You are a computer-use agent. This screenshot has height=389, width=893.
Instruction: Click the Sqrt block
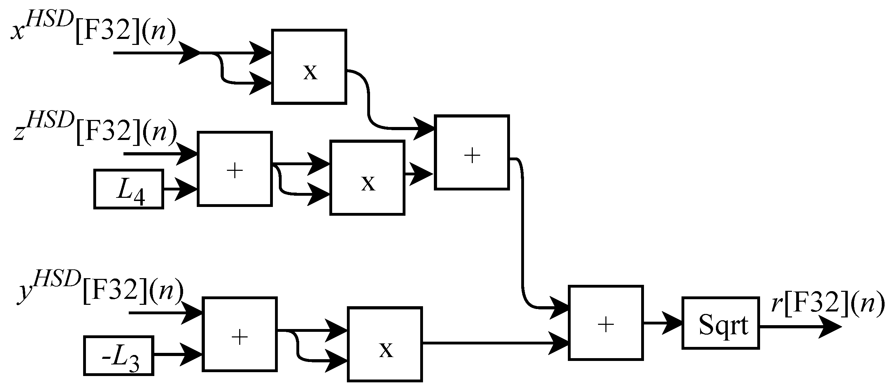(x=720, y=323)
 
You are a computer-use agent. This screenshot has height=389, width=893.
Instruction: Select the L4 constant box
(x=129, y=189)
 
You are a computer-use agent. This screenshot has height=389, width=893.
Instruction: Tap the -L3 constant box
(x=119, y=356)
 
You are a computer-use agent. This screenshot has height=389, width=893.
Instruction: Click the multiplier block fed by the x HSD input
(x=309, y=67)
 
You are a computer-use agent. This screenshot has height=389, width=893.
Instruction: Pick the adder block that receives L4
(x=235, y=169)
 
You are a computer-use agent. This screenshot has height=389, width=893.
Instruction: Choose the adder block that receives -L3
(x=240, y=334)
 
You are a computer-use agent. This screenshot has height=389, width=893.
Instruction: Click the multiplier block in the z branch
(x=367, y=177)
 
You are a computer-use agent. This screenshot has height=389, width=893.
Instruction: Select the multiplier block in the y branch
(x=385, y=344)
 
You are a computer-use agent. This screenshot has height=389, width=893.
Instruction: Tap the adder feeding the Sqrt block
(x=605, y=323)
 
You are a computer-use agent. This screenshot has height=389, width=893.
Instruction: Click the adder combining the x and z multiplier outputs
(x=471, y=152)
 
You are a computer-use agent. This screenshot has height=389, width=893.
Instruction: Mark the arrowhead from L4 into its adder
(x=186, y=189)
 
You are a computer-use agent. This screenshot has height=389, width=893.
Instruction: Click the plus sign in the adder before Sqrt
(x=606, y=324)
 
